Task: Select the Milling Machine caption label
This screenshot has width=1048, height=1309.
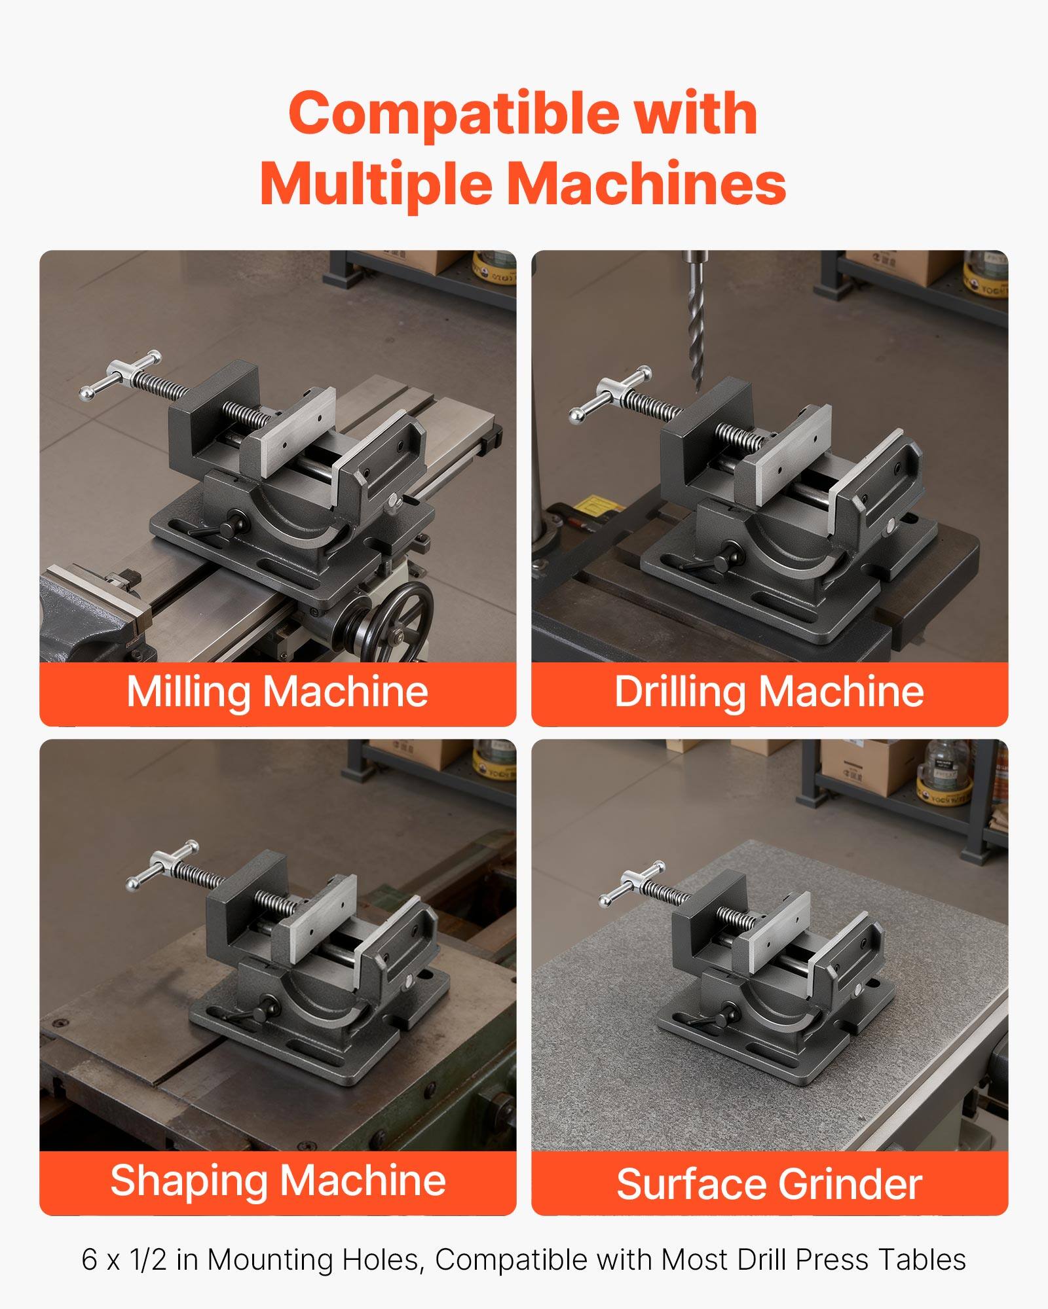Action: [x=277, y=692]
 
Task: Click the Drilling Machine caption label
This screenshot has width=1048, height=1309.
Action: [x=769, y=692]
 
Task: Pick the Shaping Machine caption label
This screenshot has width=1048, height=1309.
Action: [x=278, y=1181]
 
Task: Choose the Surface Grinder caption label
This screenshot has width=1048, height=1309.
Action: [x=769, y=1184]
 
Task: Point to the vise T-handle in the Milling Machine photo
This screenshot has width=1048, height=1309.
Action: [x=121, y=377]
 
